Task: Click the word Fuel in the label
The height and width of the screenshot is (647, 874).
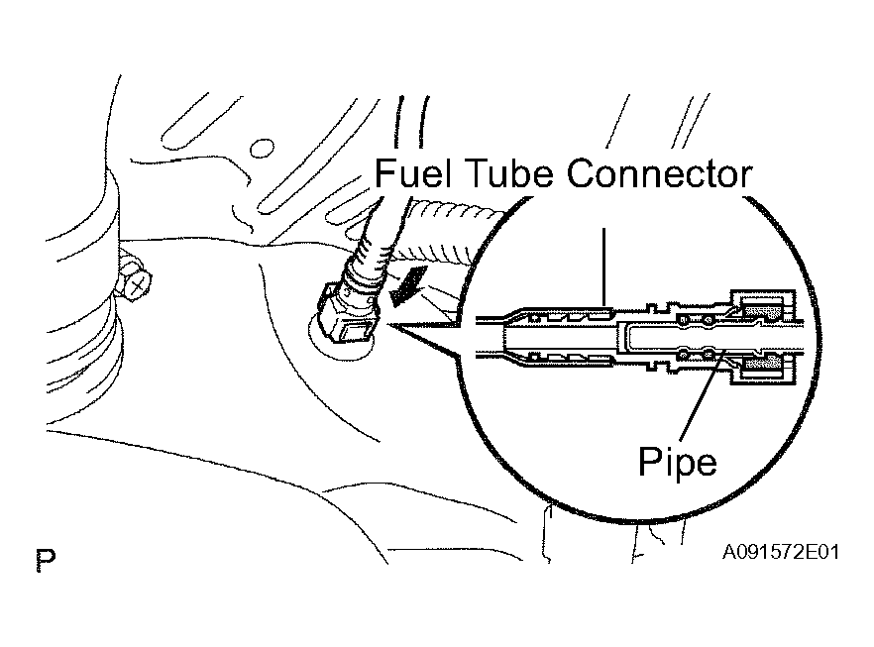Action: (x=412, y=172)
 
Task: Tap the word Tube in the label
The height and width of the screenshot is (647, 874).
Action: (x=509, y=172)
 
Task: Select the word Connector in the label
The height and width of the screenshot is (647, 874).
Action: (x=659, y=172)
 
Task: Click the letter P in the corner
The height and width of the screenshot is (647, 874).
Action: (x=46, y=560)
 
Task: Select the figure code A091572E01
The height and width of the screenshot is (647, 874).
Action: (x=781, y=552)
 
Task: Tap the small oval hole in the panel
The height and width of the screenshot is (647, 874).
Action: (x=262, y=149)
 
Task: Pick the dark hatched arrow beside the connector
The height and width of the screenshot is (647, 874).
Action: (x=408, y=284)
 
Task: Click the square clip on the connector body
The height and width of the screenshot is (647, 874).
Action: (x=356, y=333)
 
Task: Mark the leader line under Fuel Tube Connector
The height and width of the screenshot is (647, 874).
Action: (x=603, y=267)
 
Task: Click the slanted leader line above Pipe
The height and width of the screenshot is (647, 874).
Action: (x=702, y=391)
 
